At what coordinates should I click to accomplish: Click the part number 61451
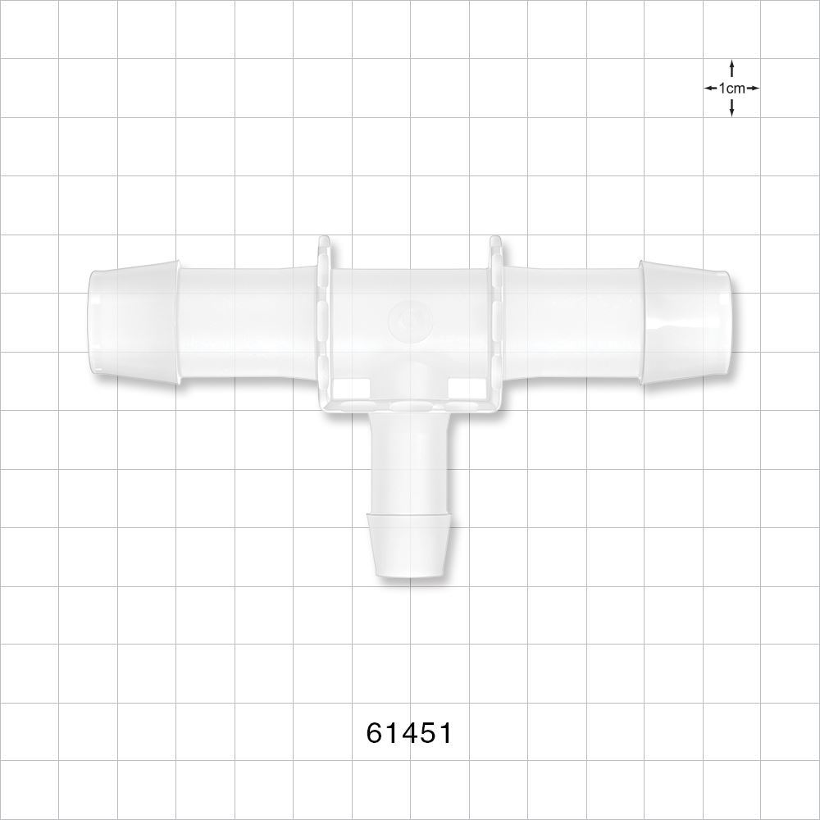(409, 732)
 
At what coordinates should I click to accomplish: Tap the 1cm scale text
(731, 88)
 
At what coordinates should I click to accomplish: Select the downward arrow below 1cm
(731, 108)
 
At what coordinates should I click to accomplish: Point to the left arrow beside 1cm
(711, 88)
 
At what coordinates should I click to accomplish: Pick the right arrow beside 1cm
(752, 88)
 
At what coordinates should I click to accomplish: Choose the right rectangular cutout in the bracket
(464, 386)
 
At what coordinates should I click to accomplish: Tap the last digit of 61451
(444, 732)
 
